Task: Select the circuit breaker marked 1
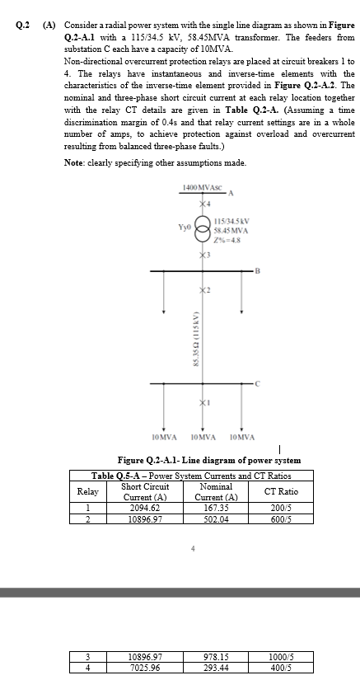(x=201, y=401)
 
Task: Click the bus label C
(x=257, y=384)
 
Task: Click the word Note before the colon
(x=75, y=162)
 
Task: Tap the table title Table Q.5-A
(x=127, y=475)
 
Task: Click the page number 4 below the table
(x=192, y=547)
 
